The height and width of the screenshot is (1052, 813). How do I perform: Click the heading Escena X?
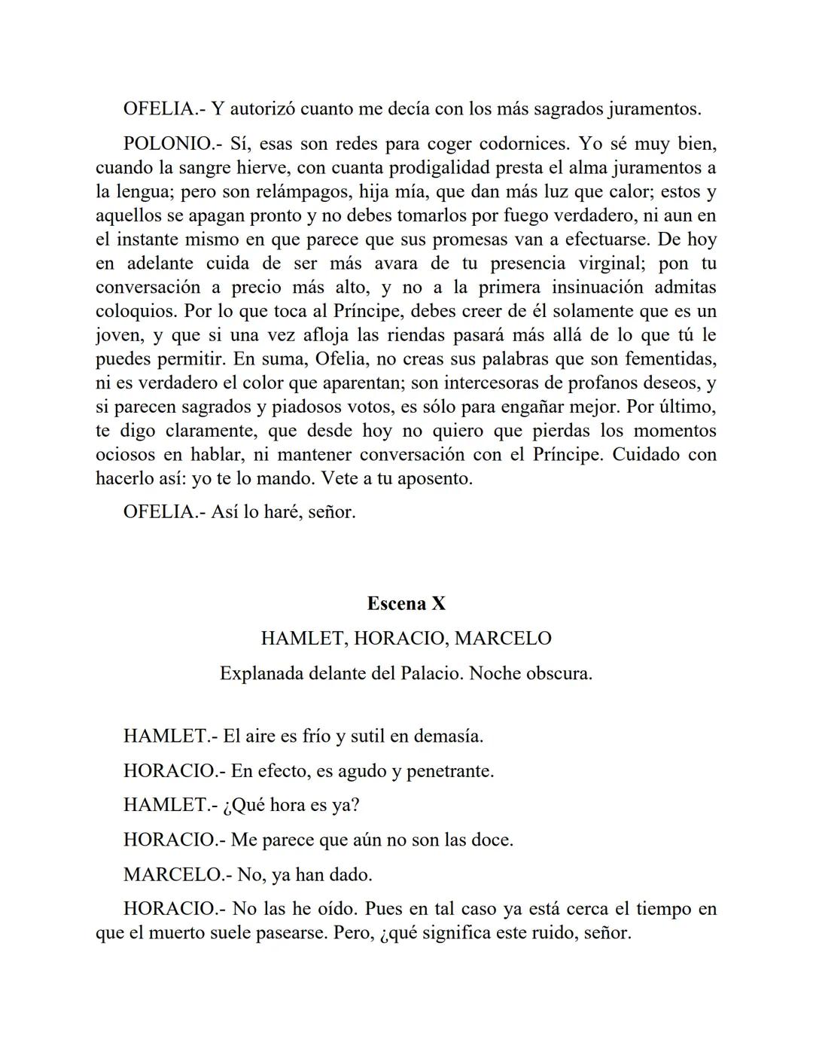406,604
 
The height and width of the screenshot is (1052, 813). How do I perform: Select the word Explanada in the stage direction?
260,673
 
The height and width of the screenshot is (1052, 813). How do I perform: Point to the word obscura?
555,673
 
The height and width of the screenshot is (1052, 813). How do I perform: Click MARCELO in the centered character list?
503,639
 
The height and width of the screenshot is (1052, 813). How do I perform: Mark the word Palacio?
423,673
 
